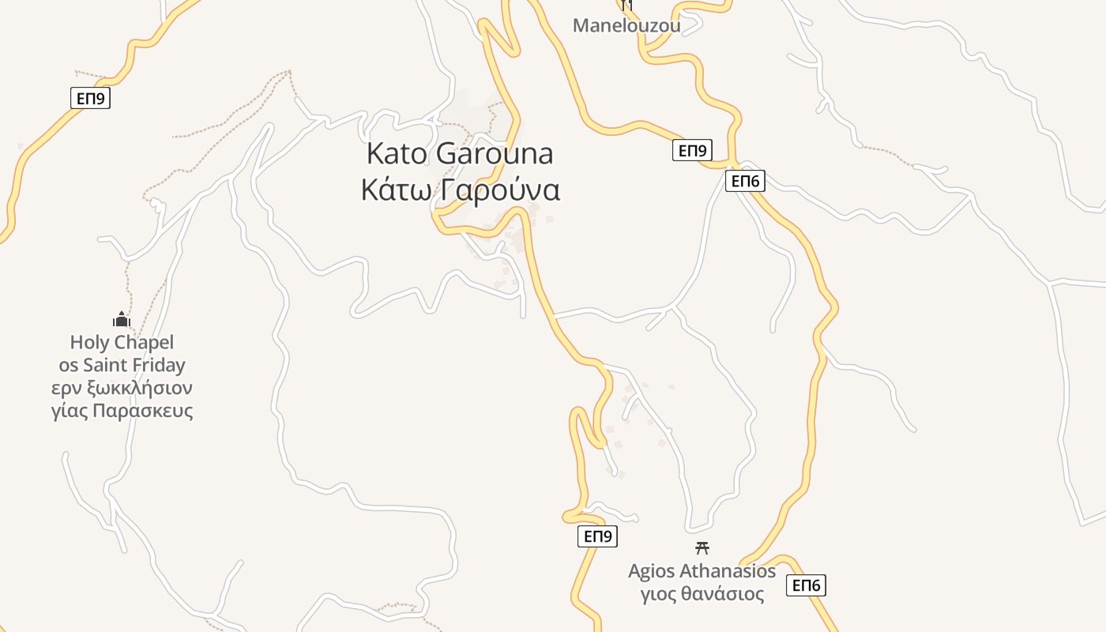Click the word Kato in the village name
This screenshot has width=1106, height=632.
tap(398, 153)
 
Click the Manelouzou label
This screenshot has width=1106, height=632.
tap(626, 25)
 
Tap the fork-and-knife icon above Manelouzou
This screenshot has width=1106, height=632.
tap(627, 5)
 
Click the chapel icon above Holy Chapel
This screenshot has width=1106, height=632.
tap(121, 319)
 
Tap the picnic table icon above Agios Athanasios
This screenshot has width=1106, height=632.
tap(702, 547)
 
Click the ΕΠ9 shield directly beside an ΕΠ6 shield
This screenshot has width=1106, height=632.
tap(692, 150)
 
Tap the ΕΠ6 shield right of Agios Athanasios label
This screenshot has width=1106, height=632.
tap(806, 585)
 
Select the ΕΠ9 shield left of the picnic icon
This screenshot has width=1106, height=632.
tap(597, 536)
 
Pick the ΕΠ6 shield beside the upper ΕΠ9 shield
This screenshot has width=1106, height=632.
tap(745, 181)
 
